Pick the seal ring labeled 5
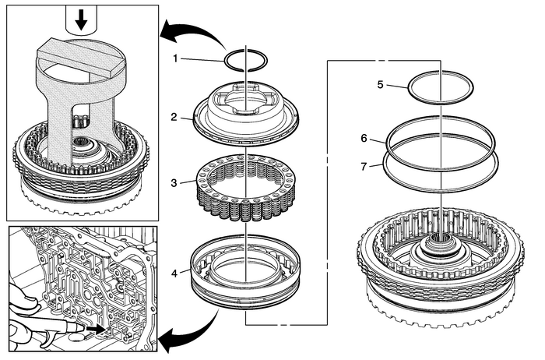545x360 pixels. point(442,86)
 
